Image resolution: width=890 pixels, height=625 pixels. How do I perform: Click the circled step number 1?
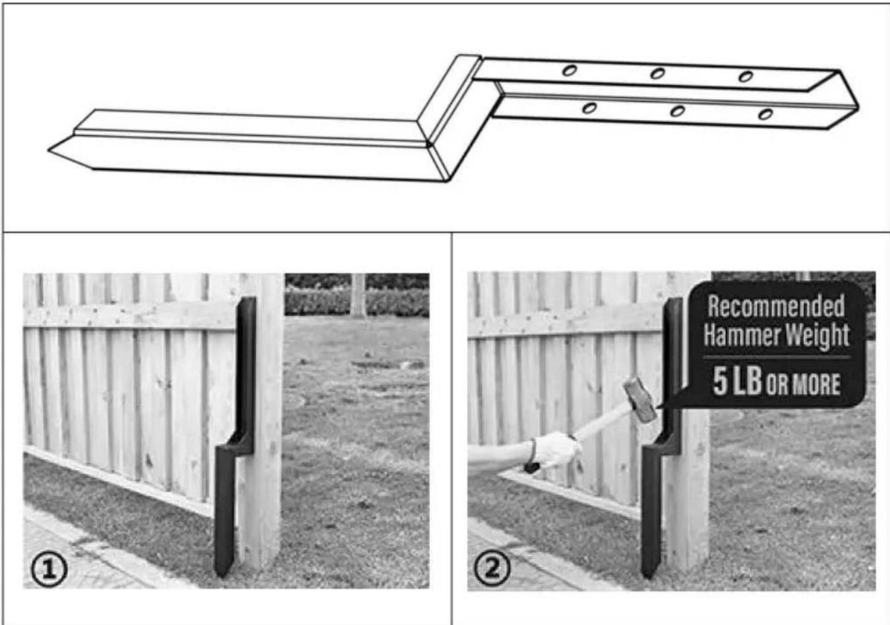[x=49, y=570]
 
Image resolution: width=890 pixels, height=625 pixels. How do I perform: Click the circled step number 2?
[x=492, y=569]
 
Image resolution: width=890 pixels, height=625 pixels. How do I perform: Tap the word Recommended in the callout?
[x=776, y=307]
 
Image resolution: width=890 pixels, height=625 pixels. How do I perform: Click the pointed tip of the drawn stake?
[x=49, y=150]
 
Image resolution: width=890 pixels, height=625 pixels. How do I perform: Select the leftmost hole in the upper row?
[x=570, y=71]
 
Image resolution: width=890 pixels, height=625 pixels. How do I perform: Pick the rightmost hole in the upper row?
[x=746, y=76]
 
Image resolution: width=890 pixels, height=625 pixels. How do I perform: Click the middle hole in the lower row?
[x=678, y=111]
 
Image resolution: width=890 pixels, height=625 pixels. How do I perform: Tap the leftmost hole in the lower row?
[x=589, y=107]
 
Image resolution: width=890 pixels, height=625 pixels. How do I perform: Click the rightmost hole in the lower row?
[x=765, y=115]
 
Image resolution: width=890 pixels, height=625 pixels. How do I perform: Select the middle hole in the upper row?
[x=657, y=73]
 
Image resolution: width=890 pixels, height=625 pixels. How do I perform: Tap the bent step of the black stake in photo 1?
[x=235, y=445]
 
